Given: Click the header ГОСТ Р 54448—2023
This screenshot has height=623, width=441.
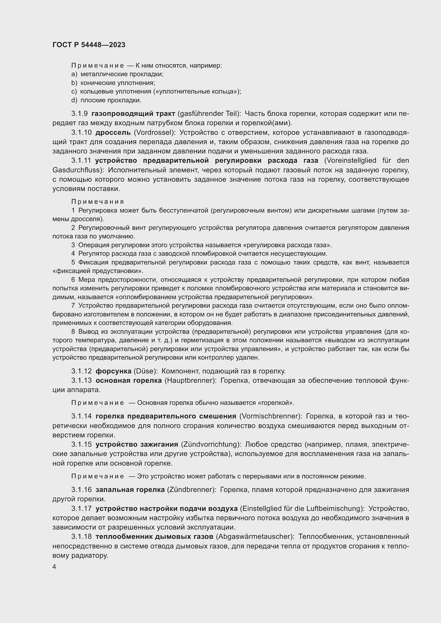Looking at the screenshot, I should (x=89, y=45).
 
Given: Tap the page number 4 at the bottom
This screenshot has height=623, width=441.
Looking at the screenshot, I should (x=54, y=567).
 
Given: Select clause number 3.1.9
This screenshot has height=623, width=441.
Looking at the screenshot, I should (x=79, y=114).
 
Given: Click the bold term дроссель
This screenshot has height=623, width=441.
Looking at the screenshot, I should (x=113, y=132).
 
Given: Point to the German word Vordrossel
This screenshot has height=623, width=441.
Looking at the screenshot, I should (x=154, y=132).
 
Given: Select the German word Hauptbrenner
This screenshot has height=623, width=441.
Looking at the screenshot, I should (x=190, y=380).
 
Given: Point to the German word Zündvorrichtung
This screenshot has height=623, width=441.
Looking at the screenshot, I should (x=210, y=444).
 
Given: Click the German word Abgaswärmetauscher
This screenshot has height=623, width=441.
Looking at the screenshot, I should (x=255, y=536).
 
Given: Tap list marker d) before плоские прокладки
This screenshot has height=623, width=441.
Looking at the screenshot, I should (x=74, y=100).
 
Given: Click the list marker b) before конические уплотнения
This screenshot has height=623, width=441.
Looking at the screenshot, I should (x=74, y=83).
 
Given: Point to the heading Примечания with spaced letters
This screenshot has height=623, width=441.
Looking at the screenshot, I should (x=98, y=202).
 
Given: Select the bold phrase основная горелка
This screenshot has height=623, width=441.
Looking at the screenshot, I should (x=129, y=380).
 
